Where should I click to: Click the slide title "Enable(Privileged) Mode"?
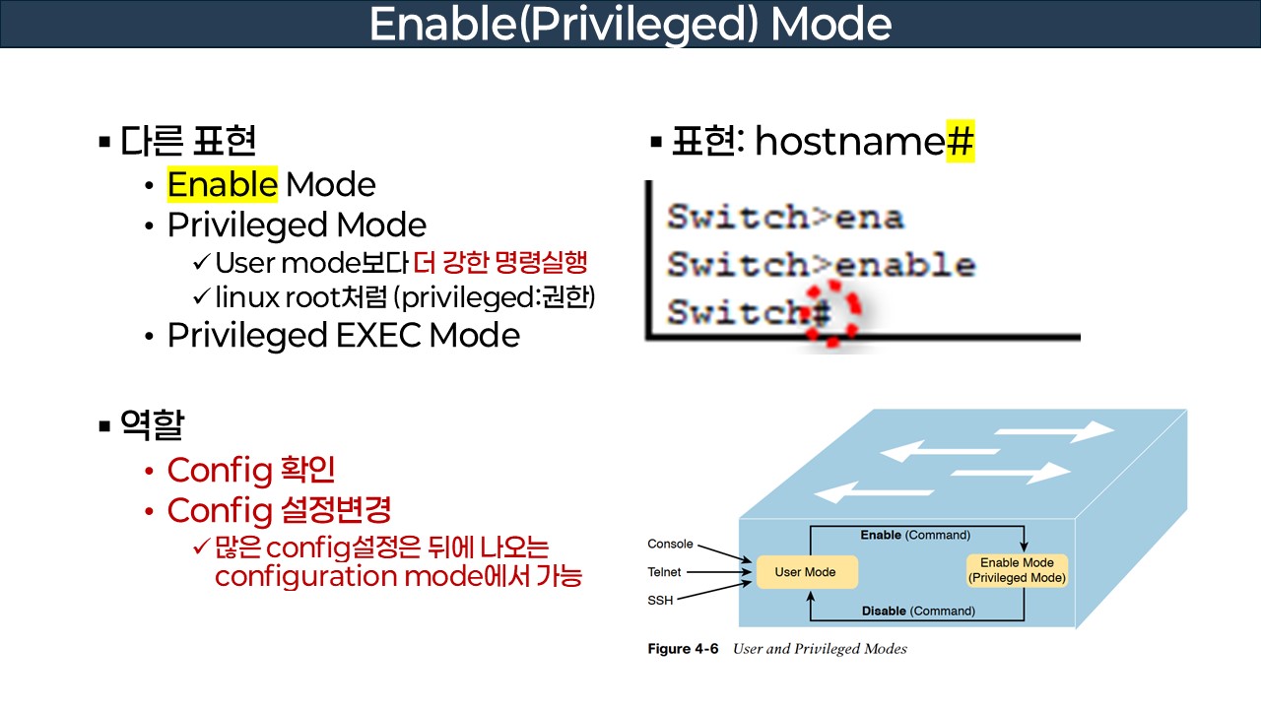click(630, 25)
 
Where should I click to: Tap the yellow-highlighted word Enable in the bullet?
click(223, 185)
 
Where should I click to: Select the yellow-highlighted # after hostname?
click(960, 142)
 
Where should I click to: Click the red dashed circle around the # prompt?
click(830, 313)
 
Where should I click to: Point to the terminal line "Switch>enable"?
click(821, 265)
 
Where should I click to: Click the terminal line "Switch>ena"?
click(785, 217)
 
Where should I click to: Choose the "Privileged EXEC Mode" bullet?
click(343, 336)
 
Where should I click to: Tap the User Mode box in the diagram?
click(806, 572)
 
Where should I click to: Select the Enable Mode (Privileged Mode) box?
click(1017, 571)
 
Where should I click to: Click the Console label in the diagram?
click(670, 545)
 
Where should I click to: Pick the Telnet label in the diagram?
click(664, 572)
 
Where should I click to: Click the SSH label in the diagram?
click(660, 600)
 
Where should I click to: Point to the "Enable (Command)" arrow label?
click(915, 536)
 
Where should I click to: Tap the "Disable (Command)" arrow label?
click(918, 612)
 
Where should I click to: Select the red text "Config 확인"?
click(251, 471)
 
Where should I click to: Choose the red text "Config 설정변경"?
click(279, 511)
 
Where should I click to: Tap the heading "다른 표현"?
click(188, 142)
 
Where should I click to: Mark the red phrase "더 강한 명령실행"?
click(500, 263)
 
